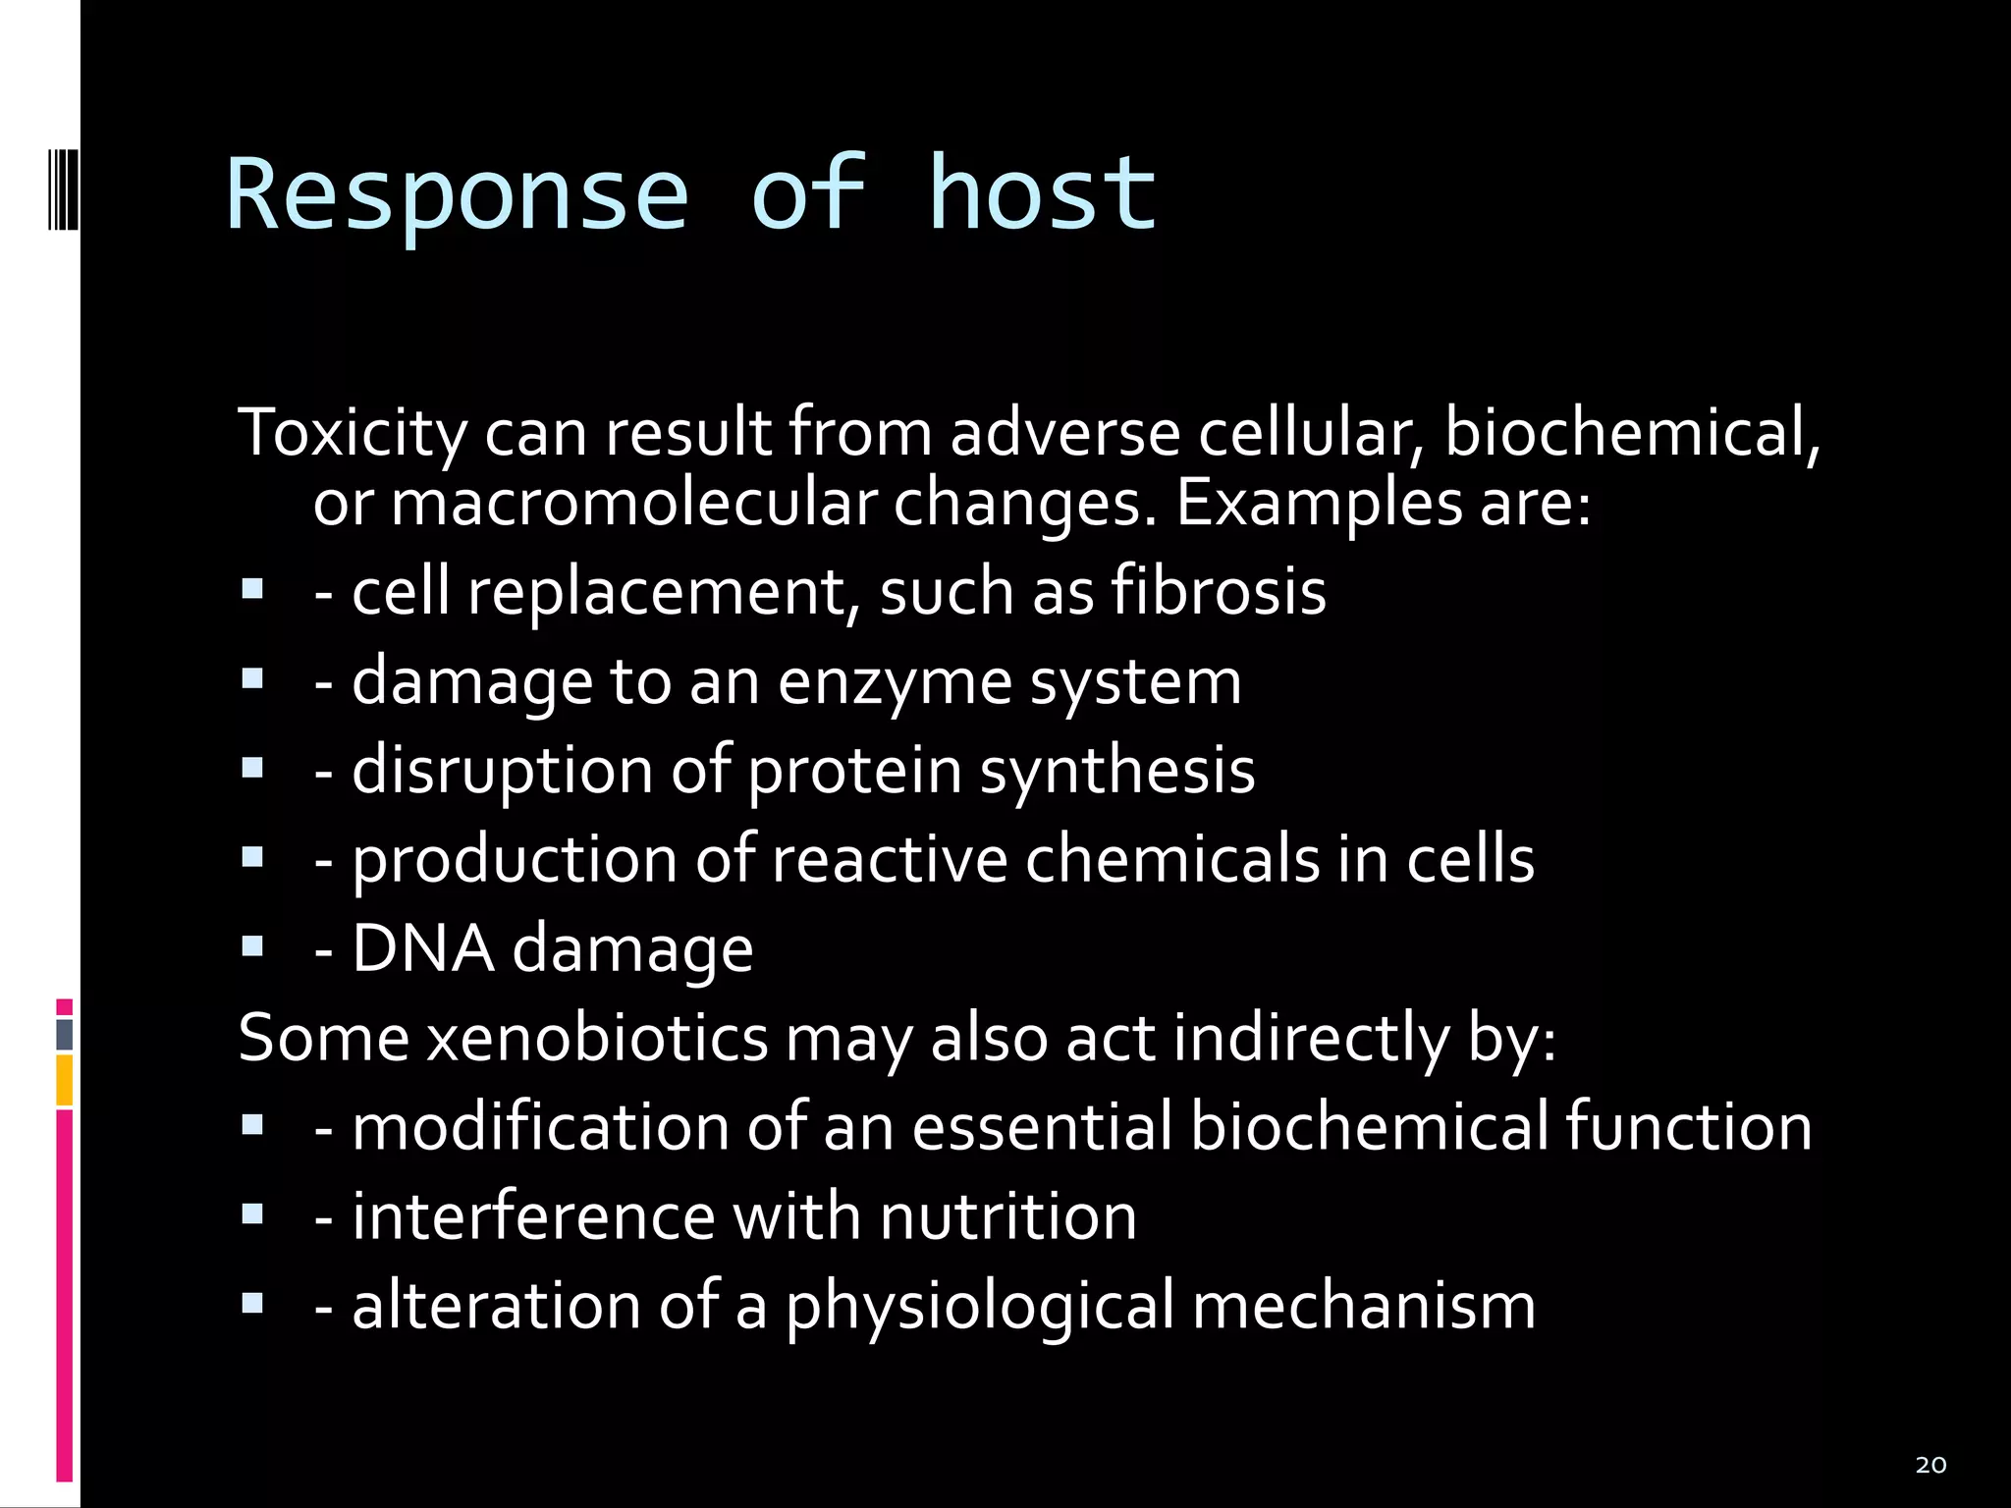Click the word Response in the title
(458, 195)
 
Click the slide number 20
(1930, 1466)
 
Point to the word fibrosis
(1219, 591)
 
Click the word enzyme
(895, 681)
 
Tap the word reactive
(890, 859)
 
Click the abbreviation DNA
(422, 948)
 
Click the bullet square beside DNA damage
(252, 946)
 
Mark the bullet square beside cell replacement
(252, 589)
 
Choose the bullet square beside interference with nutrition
(252, 1214)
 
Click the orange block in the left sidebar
(65, 1080)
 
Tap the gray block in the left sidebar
(65, 1035)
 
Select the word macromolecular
(633, 504)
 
